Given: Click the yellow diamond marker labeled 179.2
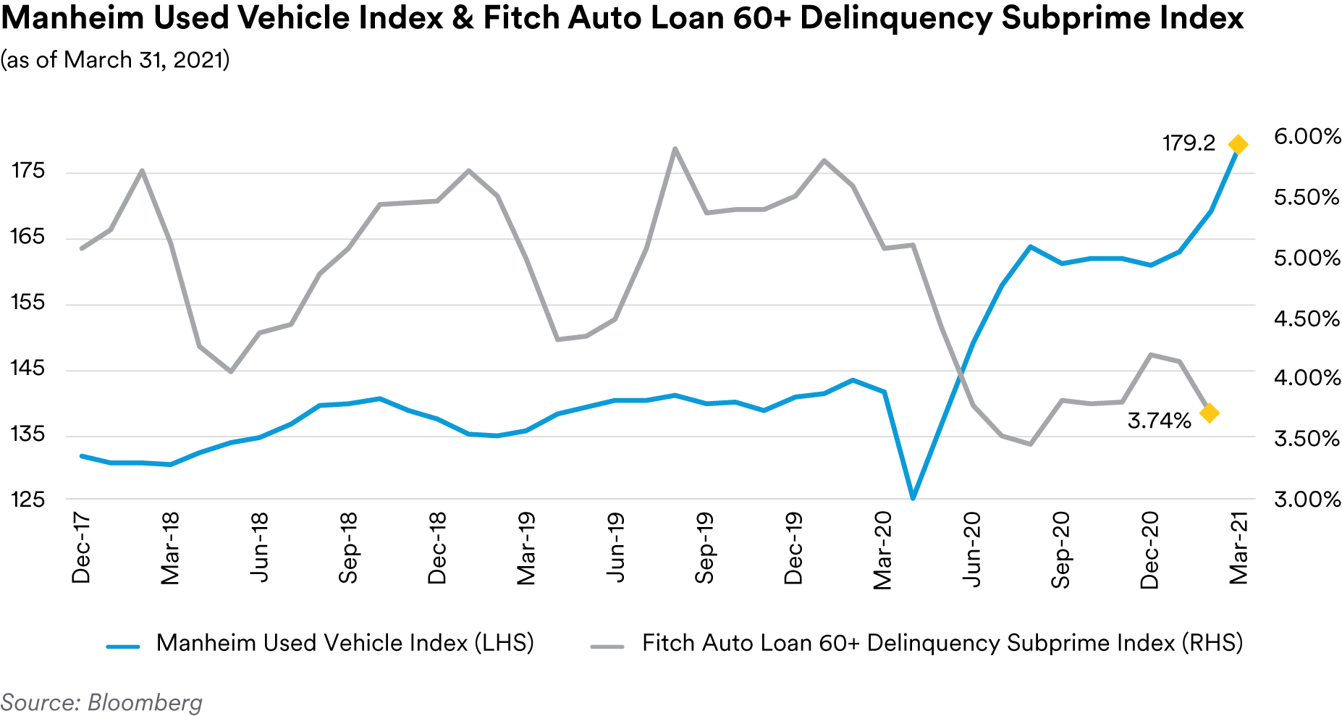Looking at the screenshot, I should (1238, 145).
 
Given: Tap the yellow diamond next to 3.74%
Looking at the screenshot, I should (1209, 413).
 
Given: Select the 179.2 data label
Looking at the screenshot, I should (1189, 143).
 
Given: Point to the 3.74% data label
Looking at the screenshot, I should (1159, 421).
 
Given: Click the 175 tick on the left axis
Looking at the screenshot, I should (28, 171).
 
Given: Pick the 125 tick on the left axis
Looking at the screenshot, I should (28, 500).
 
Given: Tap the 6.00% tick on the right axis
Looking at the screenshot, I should (1307, 137).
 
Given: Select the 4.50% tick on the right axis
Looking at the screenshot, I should (1307, 319).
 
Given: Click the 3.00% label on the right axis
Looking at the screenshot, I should (1307, 500).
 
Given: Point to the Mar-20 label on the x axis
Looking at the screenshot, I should (883, 550).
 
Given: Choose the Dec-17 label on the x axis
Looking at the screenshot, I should (81, 547).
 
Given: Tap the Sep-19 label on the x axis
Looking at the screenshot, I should (704, 547).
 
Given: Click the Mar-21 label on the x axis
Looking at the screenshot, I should (1239, 548).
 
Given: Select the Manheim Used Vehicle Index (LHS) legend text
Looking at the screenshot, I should (345, 643).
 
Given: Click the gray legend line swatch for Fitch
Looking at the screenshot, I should (607, 646).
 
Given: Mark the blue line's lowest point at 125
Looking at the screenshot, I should (913, 498).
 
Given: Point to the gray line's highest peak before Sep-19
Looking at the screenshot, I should (675, 149).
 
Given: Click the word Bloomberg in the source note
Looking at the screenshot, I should (145, 703).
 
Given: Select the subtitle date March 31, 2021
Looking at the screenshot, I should (144, 60).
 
